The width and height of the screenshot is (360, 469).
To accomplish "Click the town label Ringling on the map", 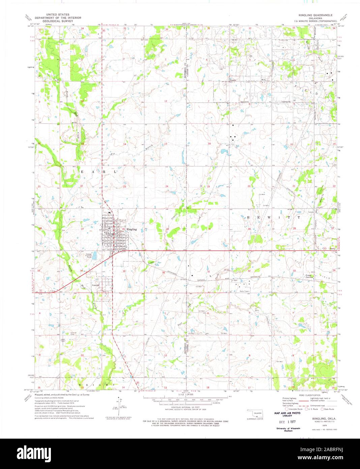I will [x=132, y=229].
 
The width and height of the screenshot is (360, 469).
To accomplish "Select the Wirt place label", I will [x=264, y=80].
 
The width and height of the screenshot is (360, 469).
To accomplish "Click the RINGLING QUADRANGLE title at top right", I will [x=313, y=16].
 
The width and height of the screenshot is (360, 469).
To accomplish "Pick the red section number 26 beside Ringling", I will [x=124, y=229].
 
